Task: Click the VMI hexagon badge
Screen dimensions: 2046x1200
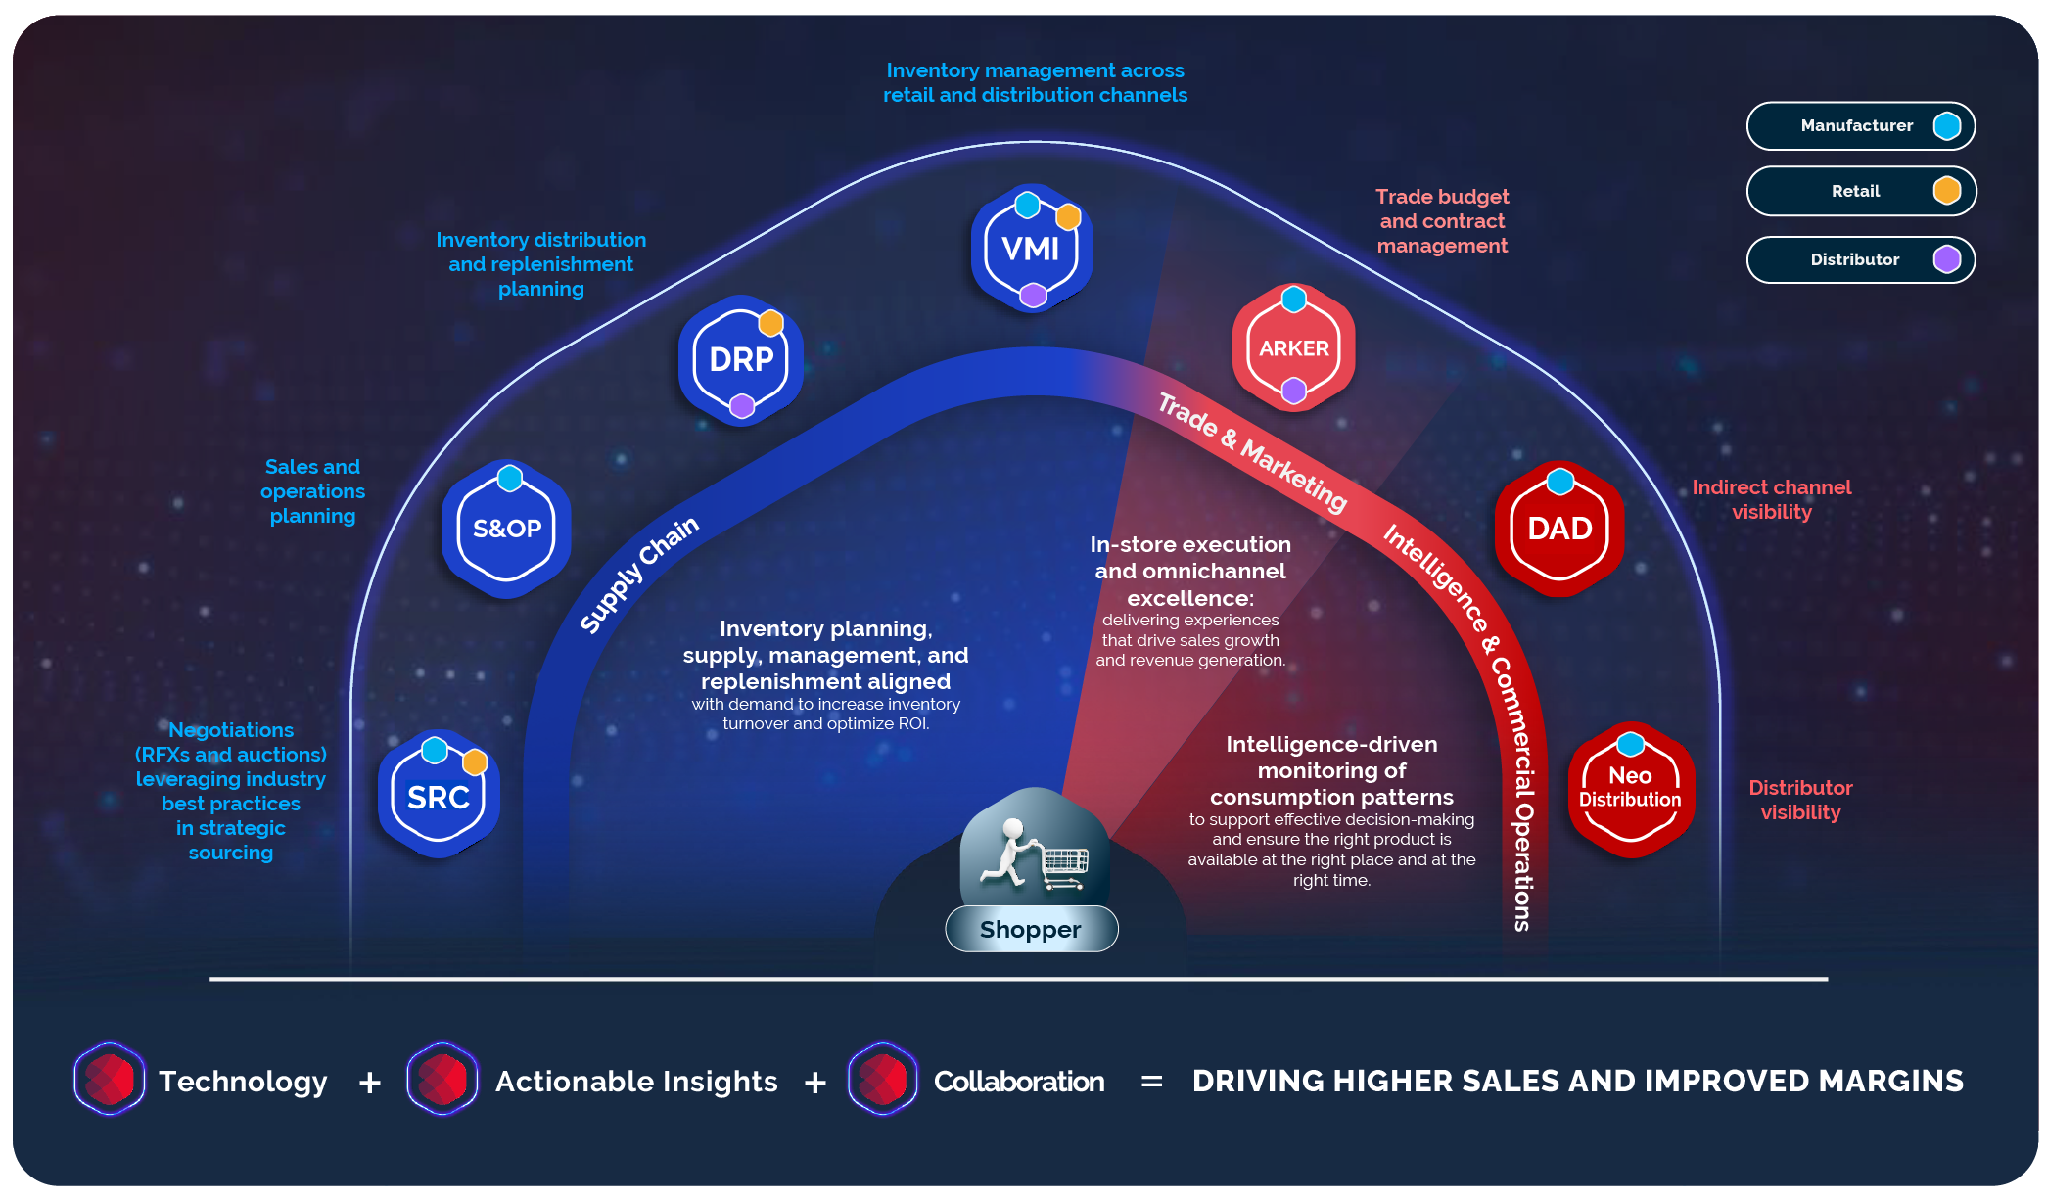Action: (x=1032, y=248)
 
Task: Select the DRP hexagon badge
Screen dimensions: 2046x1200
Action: (x=741, y=359)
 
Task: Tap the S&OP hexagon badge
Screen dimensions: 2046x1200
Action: (x=506, y=529)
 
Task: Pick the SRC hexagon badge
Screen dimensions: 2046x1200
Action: (x=439, y=795)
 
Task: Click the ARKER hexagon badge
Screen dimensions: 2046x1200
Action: (x=1294, y=347)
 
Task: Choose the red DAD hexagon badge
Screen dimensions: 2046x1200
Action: (x=1559, y=529)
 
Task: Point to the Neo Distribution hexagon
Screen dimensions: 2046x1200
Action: (x=1630, y=789)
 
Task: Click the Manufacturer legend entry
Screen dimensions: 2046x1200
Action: (x=1861, y=125)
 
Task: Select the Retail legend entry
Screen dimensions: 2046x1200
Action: (x=1861, y=191)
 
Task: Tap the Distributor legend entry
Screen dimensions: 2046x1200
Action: (x=1861, y=259)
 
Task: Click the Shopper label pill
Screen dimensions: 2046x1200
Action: (x=1031, y=929)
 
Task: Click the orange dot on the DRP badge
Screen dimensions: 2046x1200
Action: (x=771, y=322)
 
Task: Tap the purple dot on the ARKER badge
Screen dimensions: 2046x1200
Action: (x=1294, y=392)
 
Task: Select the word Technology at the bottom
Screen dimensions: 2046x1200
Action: (x=243, y=1082)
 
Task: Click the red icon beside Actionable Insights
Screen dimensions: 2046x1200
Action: (x=442, y=1080)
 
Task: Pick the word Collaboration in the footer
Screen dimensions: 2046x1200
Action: (x=1019, y=1082)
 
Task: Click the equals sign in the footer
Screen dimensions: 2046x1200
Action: (x=1152, y=1083)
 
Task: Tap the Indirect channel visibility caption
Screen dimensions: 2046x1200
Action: (x=1772, y=499)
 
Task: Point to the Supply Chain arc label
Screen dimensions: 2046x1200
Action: (x=638, y=576)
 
